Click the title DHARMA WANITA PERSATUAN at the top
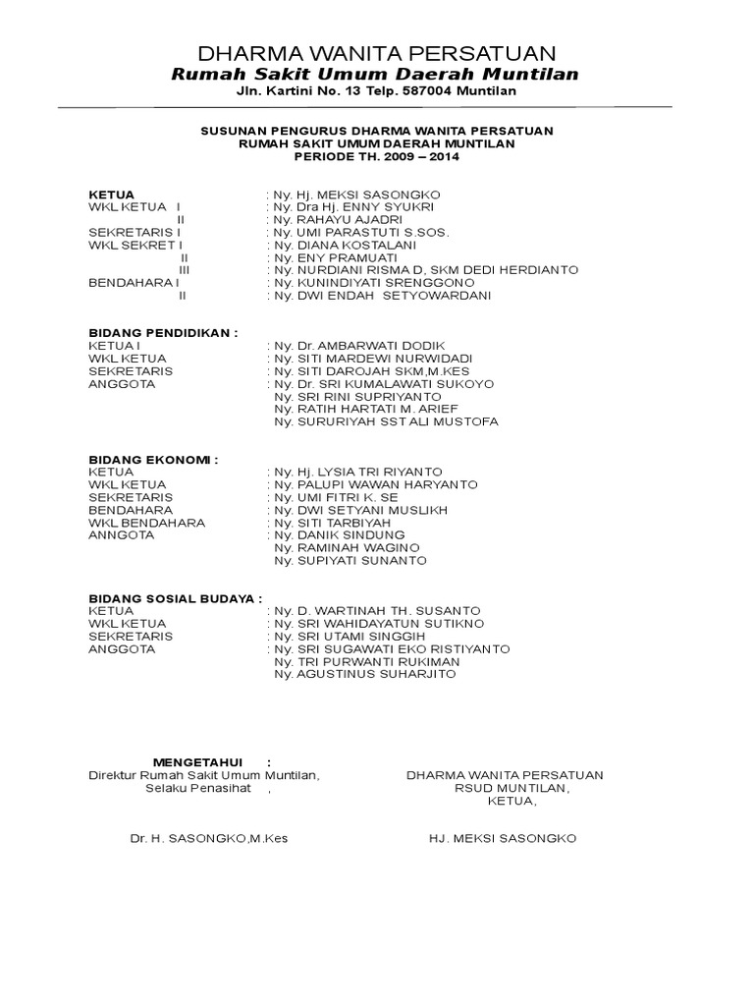click(377, 53)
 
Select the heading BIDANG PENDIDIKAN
click(163, 333)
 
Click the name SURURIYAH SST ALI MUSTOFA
click(387, 421)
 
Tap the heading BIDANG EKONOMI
click(153, 459)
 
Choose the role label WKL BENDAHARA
click(146, 522)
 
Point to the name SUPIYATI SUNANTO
click(350, 560)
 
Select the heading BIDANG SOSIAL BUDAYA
click(176, 597)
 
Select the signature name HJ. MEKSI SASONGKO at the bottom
click(503, 838)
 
